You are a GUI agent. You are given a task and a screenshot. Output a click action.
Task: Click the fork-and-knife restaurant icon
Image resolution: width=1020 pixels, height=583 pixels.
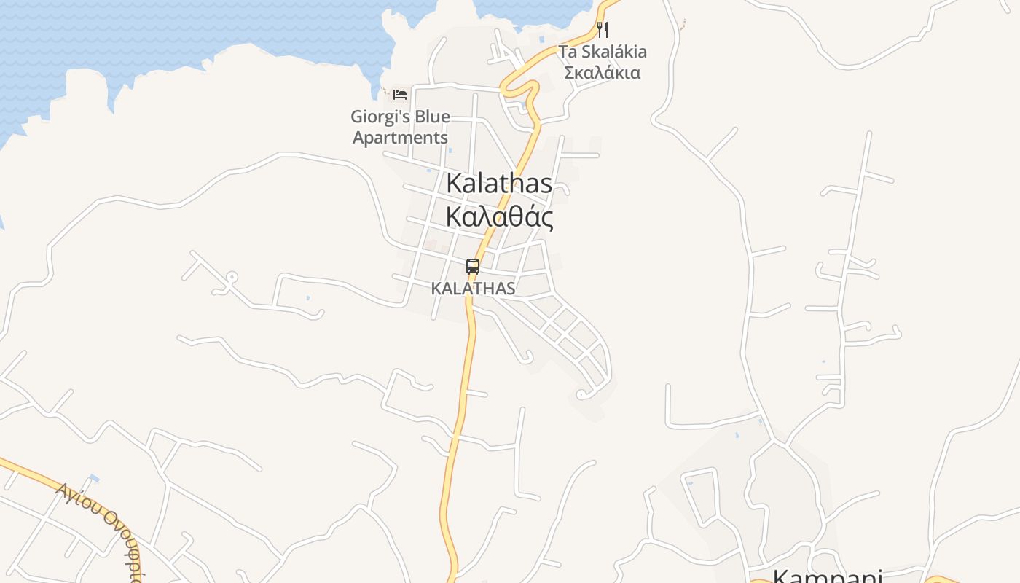click(602, 30)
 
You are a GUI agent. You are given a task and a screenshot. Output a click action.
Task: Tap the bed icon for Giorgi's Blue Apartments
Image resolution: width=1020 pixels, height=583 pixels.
click(399, 95)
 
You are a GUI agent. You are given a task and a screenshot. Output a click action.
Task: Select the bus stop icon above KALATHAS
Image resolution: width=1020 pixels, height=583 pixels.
click(473, 267)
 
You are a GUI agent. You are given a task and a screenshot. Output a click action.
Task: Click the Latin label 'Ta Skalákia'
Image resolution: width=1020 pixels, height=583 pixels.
click(603, 52)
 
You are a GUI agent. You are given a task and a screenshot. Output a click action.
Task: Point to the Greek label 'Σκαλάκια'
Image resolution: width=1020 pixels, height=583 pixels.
click(603, 73)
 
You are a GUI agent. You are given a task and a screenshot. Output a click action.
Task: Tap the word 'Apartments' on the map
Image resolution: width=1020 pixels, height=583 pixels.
click(400, 137)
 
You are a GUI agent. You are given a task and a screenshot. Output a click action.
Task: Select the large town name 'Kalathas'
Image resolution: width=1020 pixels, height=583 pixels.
click(499, 183)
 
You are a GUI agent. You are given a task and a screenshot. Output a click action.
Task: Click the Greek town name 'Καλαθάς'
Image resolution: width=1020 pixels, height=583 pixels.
click(499, 217)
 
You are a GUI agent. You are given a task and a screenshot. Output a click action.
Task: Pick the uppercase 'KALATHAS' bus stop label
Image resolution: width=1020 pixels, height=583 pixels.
click(473, 289)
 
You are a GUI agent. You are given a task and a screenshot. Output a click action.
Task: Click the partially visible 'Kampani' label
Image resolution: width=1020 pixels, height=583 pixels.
click(827, 576)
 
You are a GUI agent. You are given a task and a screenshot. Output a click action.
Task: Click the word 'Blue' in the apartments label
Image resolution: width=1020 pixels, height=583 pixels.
click(431, 117)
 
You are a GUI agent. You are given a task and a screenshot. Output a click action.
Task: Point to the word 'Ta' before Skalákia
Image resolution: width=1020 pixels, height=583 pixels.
click(567, 52)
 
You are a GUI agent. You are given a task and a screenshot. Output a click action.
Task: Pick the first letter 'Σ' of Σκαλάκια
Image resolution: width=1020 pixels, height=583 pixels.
click(570, 73)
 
